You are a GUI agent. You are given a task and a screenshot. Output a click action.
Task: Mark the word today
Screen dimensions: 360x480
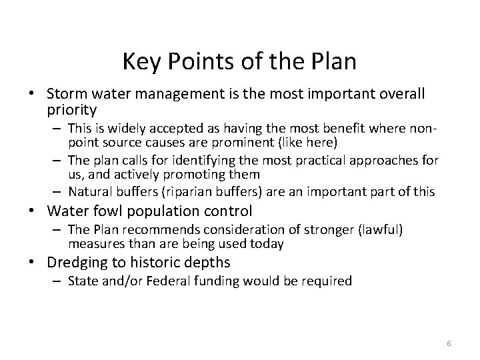pos(269,243)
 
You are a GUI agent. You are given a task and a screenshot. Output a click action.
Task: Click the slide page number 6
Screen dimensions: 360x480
pos(449,343)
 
